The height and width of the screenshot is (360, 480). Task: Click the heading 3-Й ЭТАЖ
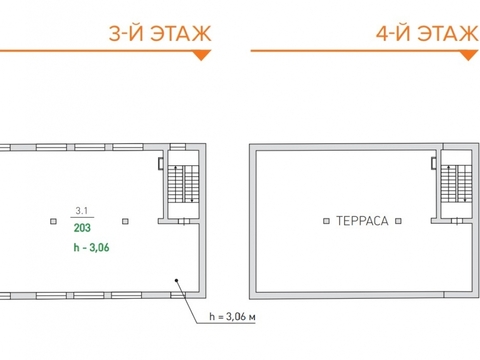tap(160, 33)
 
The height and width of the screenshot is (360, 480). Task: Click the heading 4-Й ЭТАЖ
tap(428, 33)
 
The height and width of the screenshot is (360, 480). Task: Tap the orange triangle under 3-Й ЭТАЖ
tap(201, 55)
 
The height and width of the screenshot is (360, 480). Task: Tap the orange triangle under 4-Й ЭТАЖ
tap(469, 55)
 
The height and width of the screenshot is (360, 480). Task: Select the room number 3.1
tap(82, 211)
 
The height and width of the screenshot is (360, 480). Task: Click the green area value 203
tap(82, 228)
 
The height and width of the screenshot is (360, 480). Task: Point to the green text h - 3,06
tap(91, 248)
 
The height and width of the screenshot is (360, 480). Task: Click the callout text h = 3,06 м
tap(232, 317)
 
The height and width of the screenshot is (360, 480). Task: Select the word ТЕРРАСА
tap(362, 221)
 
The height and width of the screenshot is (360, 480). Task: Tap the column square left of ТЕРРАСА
tap(326, 221)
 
